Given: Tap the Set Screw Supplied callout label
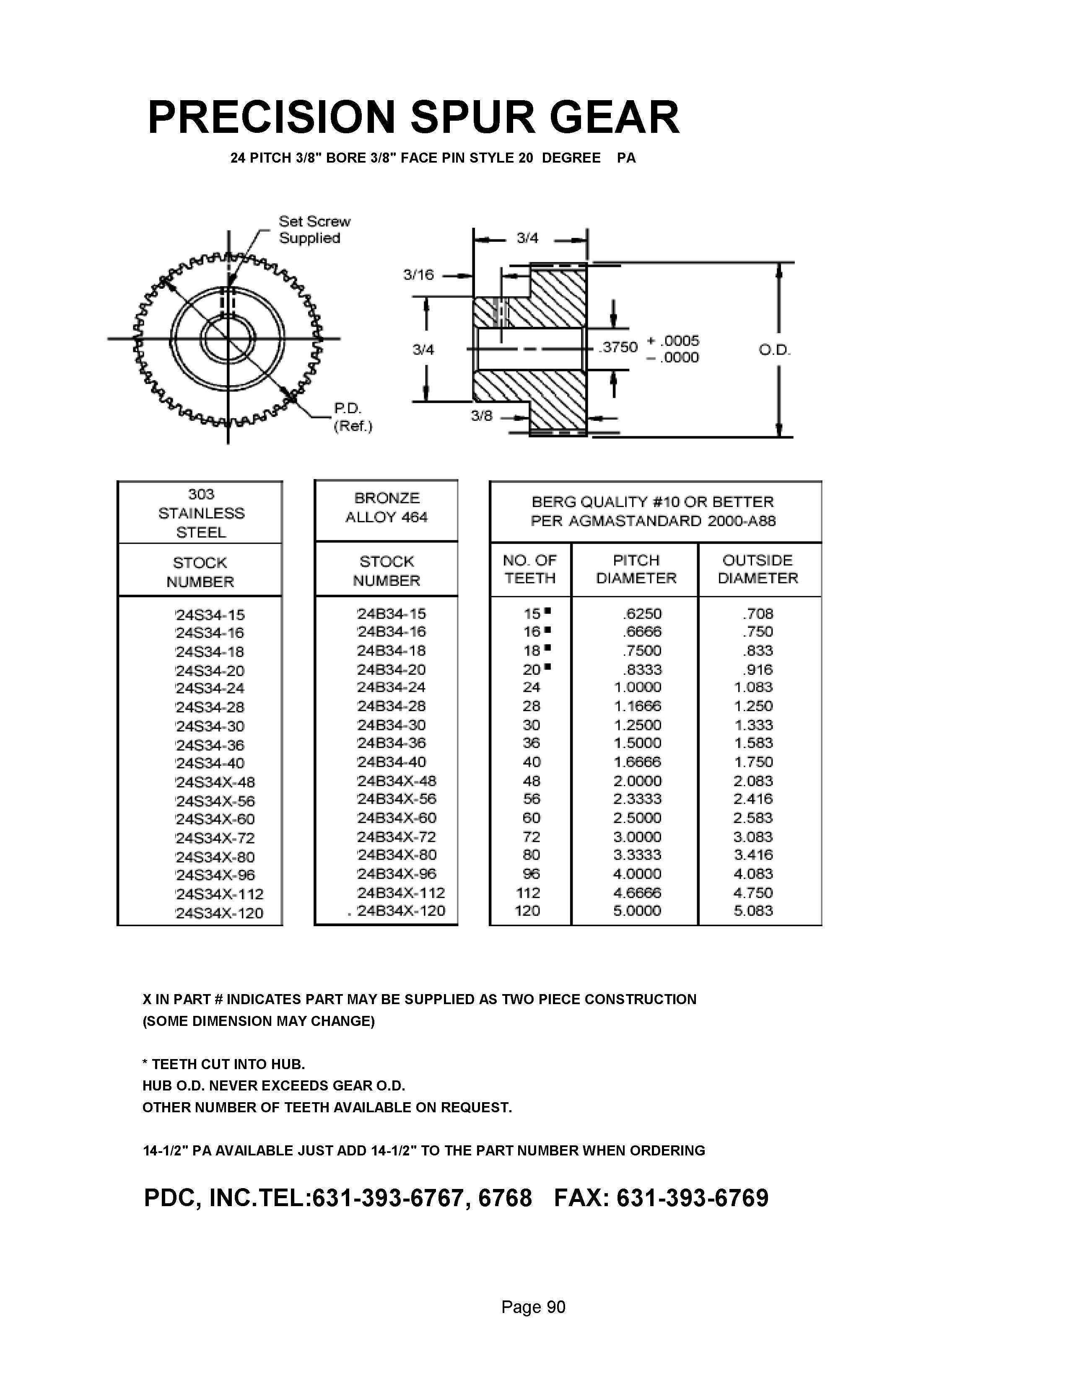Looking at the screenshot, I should tap(314, 229).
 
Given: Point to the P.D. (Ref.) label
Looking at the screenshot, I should tap(353, 417).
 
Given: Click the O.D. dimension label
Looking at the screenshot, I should tap(775, 350).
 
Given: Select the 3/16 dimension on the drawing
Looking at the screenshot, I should tap(419, 275).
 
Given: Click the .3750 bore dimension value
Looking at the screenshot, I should tap(619, 347).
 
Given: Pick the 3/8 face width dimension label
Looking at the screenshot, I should tap(482, 416).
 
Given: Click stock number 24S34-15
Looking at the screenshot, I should tap(210, 615).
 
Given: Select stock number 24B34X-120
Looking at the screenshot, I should tap(400, 911).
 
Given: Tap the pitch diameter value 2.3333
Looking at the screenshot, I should tap(637, 799).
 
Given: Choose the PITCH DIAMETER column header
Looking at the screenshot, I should tap(636, 569).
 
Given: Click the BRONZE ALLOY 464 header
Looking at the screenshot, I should tap(387, 508).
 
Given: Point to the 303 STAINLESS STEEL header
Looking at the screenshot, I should tap(201, 513).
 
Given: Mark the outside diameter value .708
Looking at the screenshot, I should tap(758, 614).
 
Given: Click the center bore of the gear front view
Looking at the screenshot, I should tap(228, 339).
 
